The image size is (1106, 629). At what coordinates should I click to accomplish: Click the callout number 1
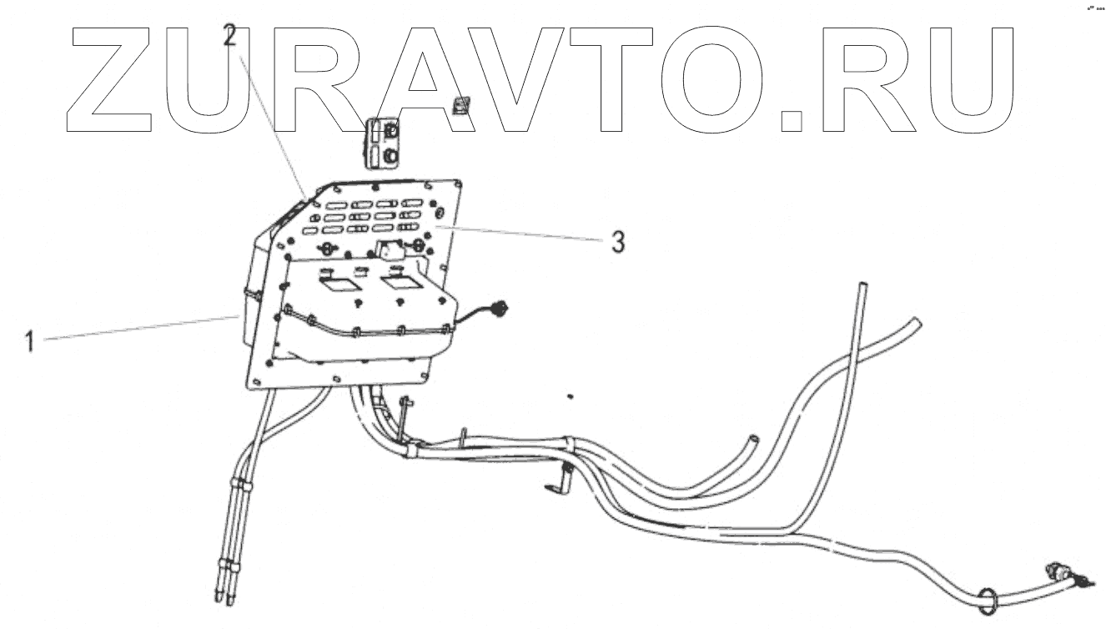[x=30, y=341]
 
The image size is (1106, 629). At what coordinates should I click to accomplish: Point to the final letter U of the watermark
[x=968, y=80]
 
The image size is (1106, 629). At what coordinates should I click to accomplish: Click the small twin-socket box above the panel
[x=386, y=143]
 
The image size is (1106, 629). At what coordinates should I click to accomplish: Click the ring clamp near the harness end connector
[x=986, y=598]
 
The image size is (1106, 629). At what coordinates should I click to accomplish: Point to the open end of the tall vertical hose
[x=859, y=288]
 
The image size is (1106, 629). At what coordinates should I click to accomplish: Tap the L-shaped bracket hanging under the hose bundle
[x=561, y=483]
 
